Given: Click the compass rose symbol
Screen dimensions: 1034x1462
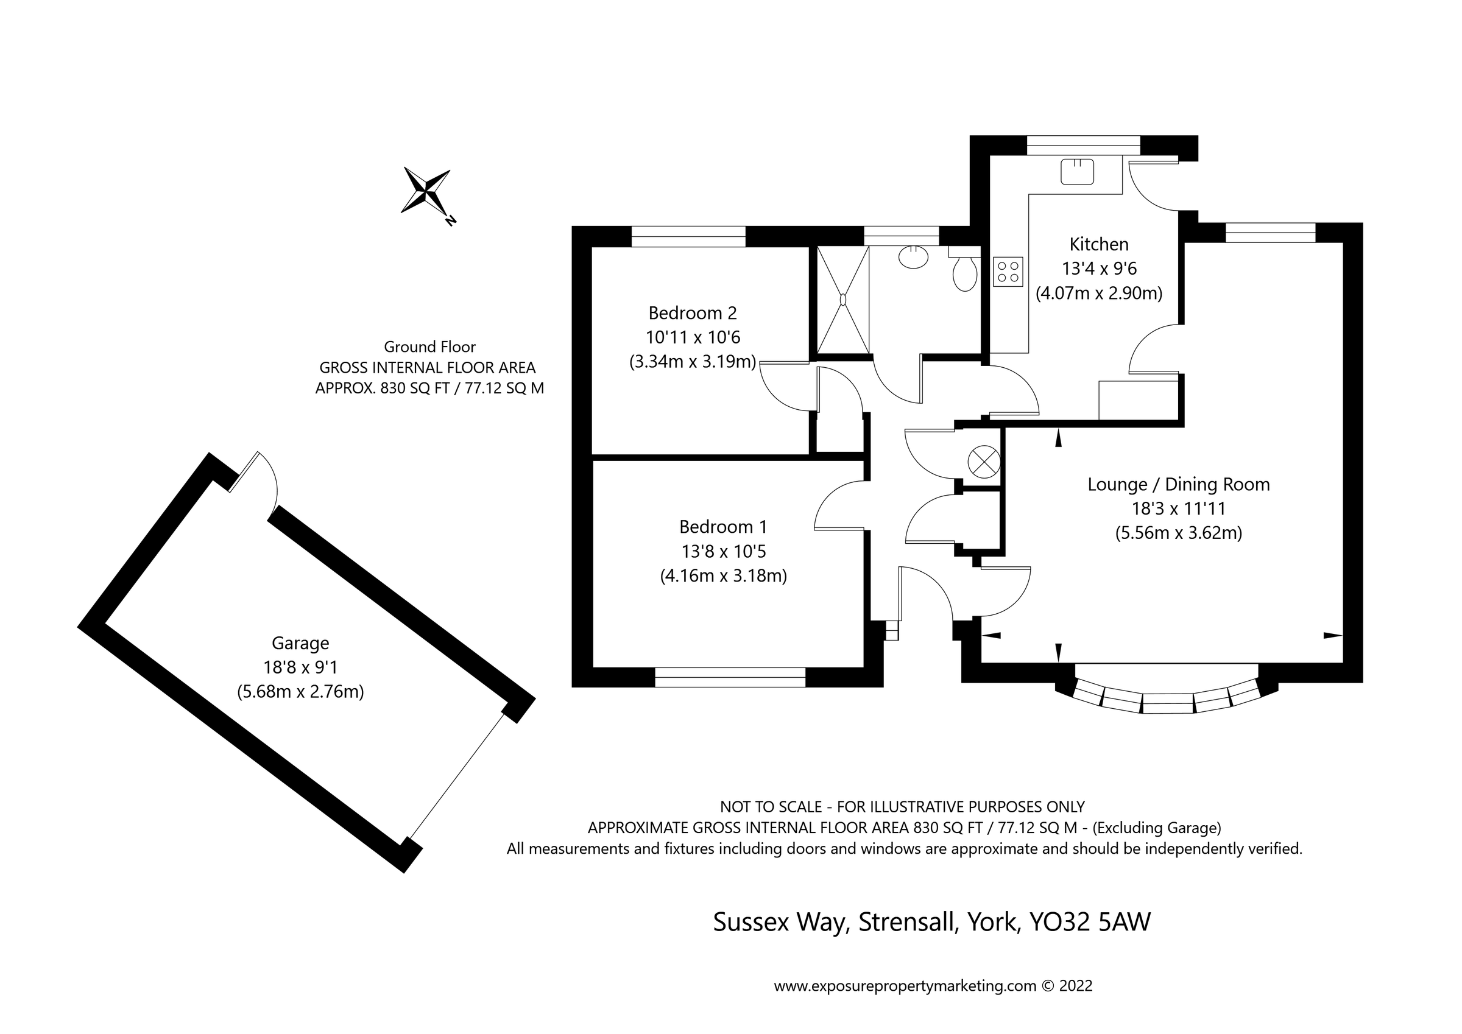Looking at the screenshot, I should point(426,191).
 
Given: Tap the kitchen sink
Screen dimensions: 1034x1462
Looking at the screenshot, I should point(1077,172).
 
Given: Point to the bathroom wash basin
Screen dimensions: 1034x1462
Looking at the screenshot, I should point(913,256).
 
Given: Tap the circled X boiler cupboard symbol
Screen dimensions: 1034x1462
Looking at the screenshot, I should point(983,462).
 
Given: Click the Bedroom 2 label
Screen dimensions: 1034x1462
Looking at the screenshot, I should point(692,313).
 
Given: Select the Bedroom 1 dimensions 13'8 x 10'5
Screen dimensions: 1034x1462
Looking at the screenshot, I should point(723,551).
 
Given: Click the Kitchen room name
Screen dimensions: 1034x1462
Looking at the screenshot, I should point(1098,244).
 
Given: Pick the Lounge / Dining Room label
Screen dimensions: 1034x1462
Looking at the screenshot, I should point(1178,485).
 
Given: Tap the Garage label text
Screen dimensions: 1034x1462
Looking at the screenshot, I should point(300,643).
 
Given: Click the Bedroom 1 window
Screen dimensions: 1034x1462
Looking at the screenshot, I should point(730,677).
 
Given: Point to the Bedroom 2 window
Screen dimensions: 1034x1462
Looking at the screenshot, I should point(688,236).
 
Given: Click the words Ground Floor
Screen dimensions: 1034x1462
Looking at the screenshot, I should point(429,347).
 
